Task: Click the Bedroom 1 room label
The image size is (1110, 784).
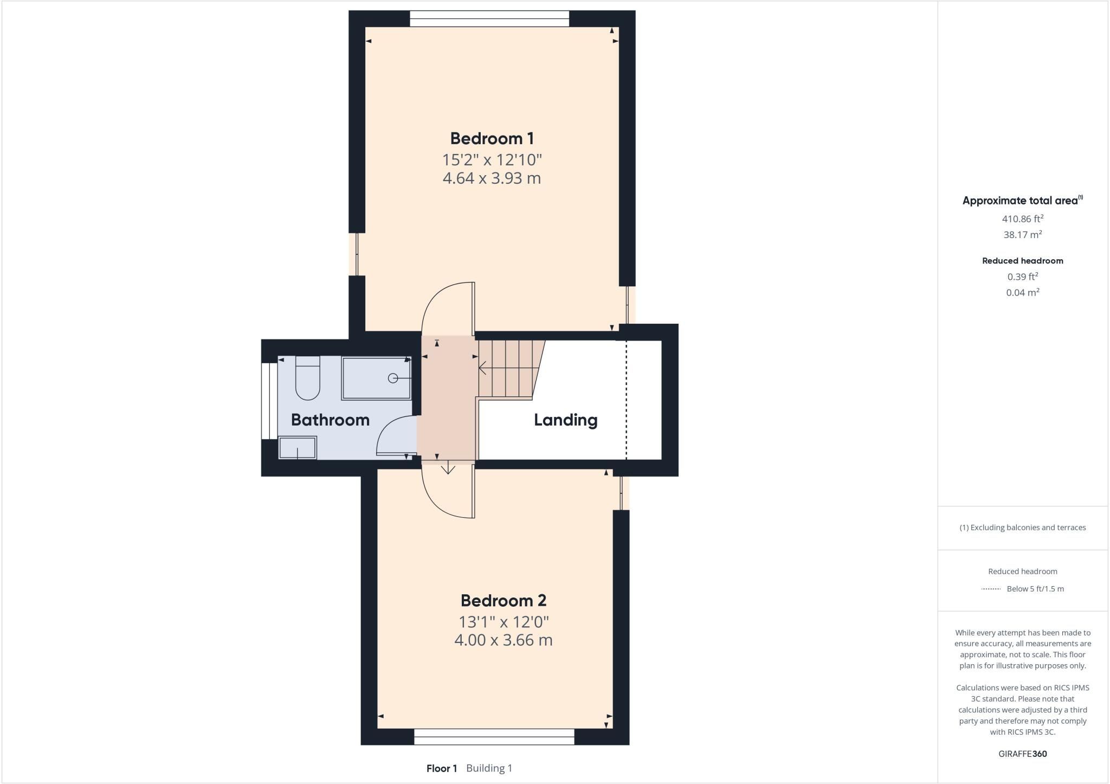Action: tap(492, 138)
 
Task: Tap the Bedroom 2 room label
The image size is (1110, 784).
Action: tap(504, 600)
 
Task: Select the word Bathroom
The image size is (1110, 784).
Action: tap(330, 420)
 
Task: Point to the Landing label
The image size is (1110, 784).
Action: tap(566, 420)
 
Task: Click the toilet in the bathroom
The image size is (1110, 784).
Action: tap(307, 378)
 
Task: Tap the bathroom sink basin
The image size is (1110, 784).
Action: tap(297, 448)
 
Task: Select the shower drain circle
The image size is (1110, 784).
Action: tap(393, 378)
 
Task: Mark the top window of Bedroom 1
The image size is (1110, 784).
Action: tap(489, 19)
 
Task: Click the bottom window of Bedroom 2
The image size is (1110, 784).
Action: tap(494, 737)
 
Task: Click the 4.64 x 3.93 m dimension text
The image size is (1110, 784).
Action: tap(492, 178)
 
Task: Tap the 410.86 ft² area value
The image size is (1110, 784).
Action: tap(1023, 219)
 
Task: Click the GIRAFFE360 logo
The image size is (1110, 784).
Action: tap(1023, 754)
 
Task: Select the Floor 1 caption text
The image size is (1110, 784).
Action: tap(442, 768)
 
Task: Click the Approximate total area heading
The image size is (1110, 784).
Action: tap(1022, 201)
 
